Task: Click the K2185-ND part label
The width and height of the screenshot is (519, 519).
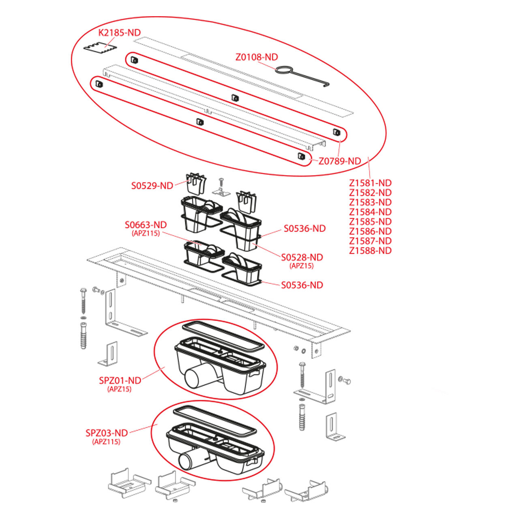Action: tap(119, 32)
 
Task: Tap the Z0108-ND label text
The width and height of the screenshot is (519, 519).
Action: tap(257, 57)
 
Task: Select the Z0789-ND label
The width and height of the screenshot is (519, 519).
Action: tap(340, 161)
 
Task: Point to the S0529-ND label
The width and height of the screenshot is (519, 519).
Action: tap(152, 186)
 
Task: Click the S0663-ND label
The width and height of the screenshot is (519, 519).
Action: tap(146, 225)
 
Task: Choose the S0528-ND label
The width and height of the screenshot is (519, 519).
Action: tap(302, 257)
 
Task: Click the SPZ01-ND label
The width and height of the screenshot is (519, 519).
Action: tap(120, 381)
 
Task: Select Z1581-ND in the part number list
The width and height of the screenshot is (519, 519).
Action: tap(370, 183)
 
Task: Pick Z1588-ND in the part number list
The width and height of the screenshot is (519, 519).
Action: tap(370, 251)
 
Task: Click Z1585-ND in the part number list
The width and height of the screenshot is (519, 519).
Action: tap(370, 221)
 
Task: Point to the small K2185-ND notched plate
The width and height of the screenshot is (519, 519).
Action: tap(100, 48)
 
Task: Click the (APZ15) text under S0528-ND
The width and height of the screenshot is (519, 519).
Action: tap(302, 266)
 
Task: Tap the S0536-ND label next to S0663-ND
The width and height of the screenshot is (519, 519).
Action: tap(305, 228)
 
